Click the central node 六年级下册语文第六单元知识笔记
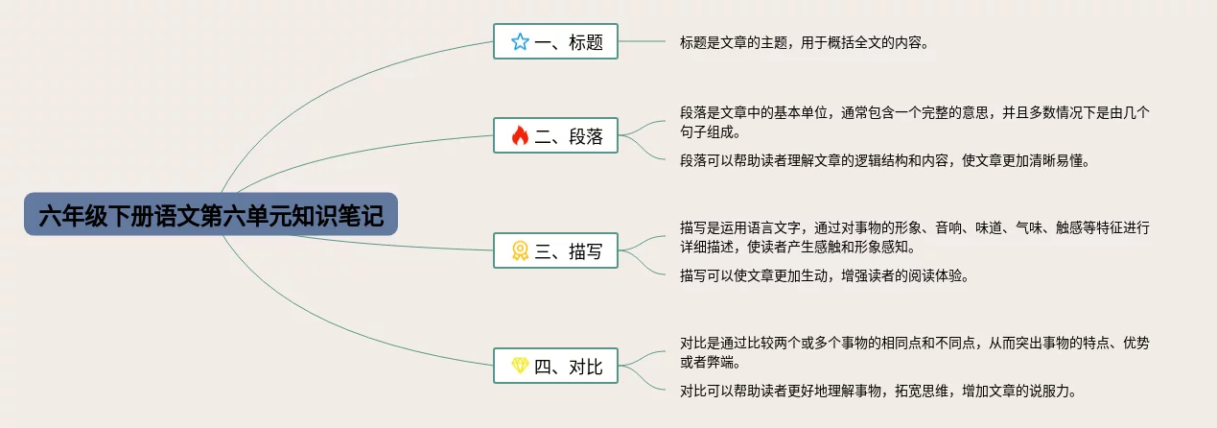pyautogui.click(x=211, y=216)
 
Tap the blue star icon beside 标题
pyautogui.click(x=520, y=41)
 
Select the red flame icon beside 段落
pyautogui.click(x=520, y=136)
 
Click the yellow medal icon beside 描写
pyautogui.click(x=520, y=251)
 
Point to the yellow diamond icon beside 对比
pyautogui.click(x=520, y=366)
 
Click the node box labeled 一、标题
pyautogui.click(x=556, y=41)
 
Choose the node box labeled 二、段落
pyautogui.click(x=556, y=136)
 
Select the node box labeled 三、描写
pyautogui.click(x=556, y=251)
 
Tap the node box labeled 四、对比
pyautogui.click(x=556, y=366)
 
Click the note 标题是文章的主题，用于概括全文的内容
pyautogui.click(x=804, y=42)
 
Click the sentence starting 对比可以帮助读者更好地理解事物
pyautogui.click(x=878, y=390)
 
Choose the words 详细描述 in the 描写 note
pyautogui.click(x=712, y=248)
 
